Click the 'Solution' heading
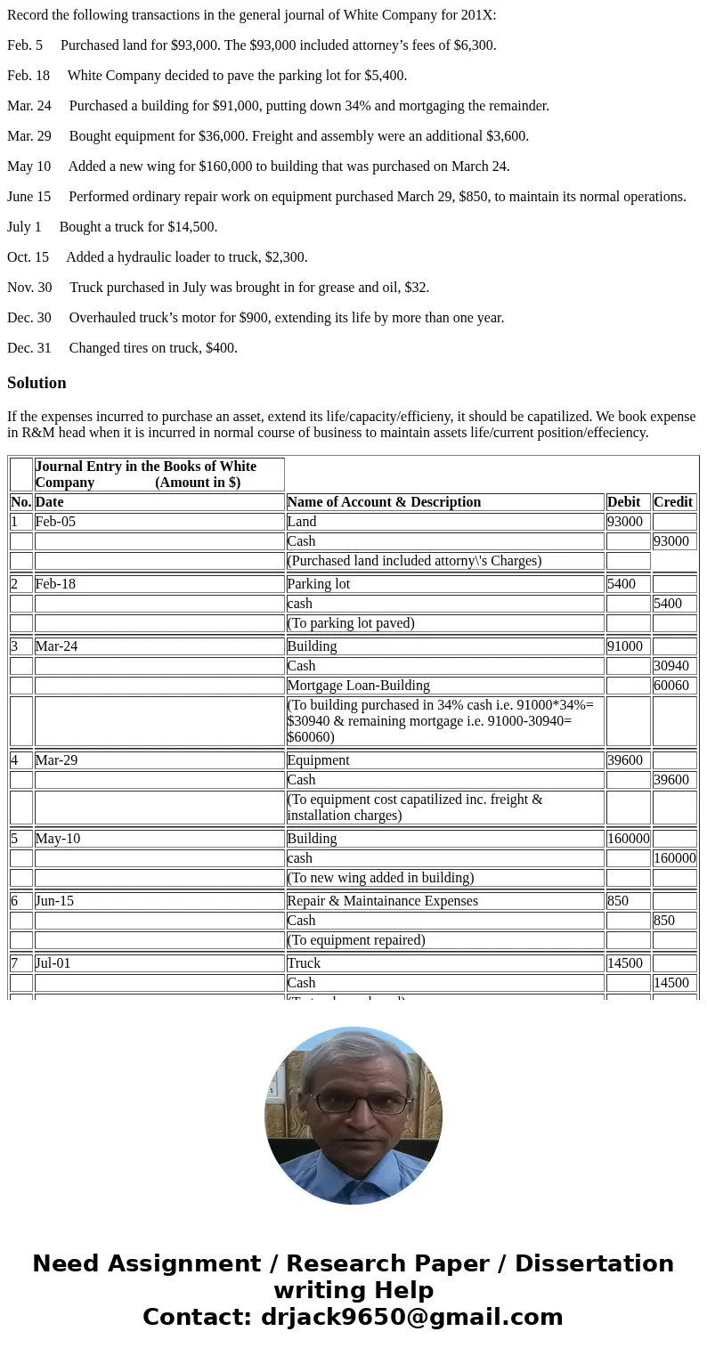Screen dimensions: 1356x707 coord(37,383)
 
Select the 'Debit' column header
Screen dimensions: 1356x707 coord(623,502)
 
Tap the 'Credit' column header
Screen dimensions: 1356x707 coord(672,502)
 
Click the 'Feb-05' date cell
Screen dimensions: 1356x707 coord(55,522)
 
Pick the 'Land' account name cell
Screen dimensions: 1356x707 coord(302,522)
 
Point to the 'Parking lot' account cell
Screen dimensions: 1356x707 coord(319,584)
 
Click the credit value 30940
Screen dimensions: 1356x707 coord(670,666)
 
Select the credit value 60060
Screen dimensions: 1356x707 coord(670,686)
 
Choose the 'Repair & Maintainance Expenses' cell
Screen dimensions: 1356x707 coord(382,901)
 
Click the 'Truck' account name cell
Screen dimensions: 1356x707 coord(304,963)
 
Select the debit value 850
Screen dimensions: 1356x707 coord(618,901)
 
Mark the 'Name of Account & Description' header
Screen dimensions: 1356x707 coord(384,502)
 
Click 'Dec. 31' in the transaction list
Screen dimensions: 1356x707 coord(29,348)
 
